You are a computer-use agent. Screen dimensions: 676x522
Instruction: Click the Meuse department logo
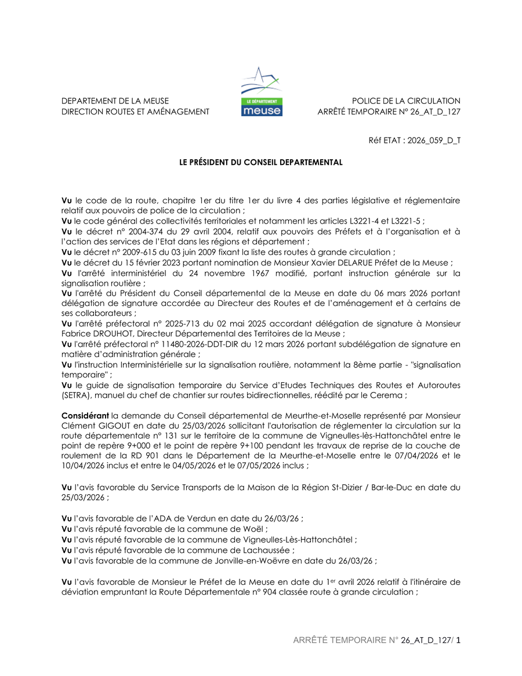point(262,92)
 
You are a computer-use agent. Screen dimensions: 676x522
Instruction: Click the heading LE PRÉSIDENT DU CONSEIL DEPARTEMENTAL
point(261,163)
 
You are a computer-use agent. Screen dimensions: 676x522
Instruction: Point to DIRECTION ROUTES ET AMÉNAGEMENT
point(135,112)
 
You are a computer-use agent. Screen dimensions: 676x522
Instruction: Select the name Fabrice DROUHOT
point(90,333)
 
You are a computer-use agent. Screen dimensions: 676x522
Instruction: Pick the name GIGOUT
point(117,425)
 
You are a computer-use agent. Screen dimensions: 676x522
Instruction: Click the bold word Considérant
point(85,415)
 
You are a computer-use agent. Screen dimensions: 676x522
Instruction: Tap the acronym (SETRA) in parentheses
point(77,395)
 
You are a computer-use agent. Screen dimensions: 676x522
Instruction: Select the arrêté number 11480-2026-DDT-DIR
point(198,344)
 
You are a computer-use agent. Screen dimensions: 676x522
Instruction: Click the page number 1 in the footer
point(458,640)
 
